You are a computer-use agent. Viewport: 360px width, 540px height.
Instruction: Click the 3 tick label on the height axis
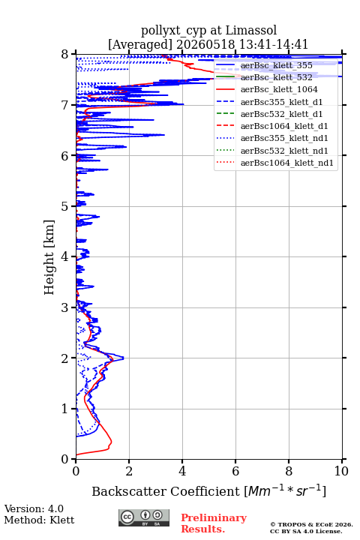(x=65, y=307)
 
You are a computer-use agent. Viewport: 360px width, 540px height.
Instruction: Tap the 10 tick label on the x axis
(x=341, y=471)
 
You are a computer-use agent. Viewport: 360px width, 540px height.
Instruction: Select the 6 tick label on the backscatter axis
(x=235, y=471)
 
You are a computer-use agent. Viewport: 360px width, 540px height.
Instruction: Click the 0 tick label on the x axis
(x=76, y=471)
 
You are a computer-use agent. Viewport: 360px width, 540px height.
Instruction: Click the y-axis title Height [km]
(x=49, y=257)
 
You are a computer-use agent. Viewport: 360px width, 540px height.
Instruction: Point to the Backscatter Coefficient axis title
(x=208, y=490)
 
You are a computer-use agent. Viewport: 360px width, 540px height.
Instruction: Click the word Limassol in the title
(x=251, y=31)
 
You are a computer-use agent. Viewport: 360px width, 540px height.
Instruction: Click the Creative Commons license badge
(x=144, y=517)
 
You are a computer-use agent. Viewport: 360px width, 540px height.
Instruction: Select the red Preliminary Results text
(x=214, y=523)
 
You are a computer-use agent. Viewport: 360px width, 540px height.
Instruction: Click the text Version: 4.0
(x=34, y=508)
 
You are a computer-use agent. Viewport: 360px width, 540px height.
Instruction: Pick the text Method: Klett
(x=39, y=520)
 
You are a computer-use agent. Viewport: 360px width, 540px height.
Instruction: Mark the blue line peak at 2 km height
(x=123, y=358)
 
